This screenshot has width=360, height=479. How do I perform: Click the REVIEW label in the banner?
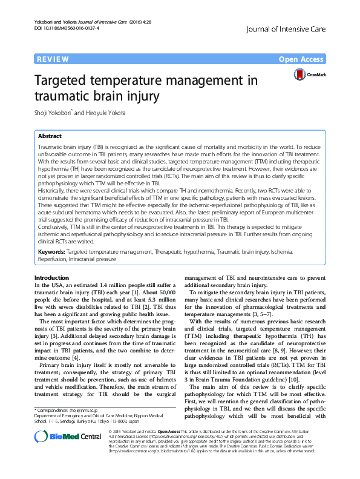(x=52, y=59)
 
